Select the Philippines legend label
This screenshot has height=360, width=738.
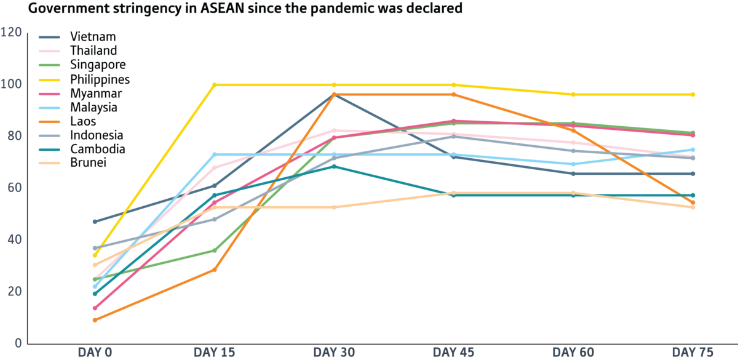(x=99, y=79)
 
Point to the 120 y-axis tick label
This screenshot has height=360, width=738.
(x=12, y=32)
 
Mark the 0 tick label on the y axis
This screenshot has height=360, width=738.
(x=18, y=343)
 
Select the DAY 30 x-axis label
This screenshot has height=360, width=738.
(x=334, y=352)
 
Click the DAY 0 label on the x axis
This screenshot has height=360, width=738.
(x=95, y=352)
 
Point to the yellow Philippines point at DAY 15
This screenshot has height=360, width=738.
(x=215, y=84)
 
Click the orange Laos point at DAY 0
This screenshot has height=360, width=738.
(x=95, y=320)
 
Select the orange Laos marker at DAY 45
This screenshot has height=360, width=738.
(x=454, y=94)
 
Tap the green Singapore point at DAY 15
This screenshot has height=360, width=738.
(x=215, y=250)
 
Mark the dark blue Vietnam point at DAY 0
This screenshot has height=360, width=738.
(x=95, y=222)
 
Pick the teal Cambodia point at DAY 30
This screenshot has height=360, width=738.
(x=334, y=167)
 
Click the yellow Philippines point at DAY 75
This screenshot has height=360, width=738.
(x=693, y=94)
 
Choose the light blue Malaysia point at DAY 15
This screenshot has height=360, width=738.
(x=215, y=154)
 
